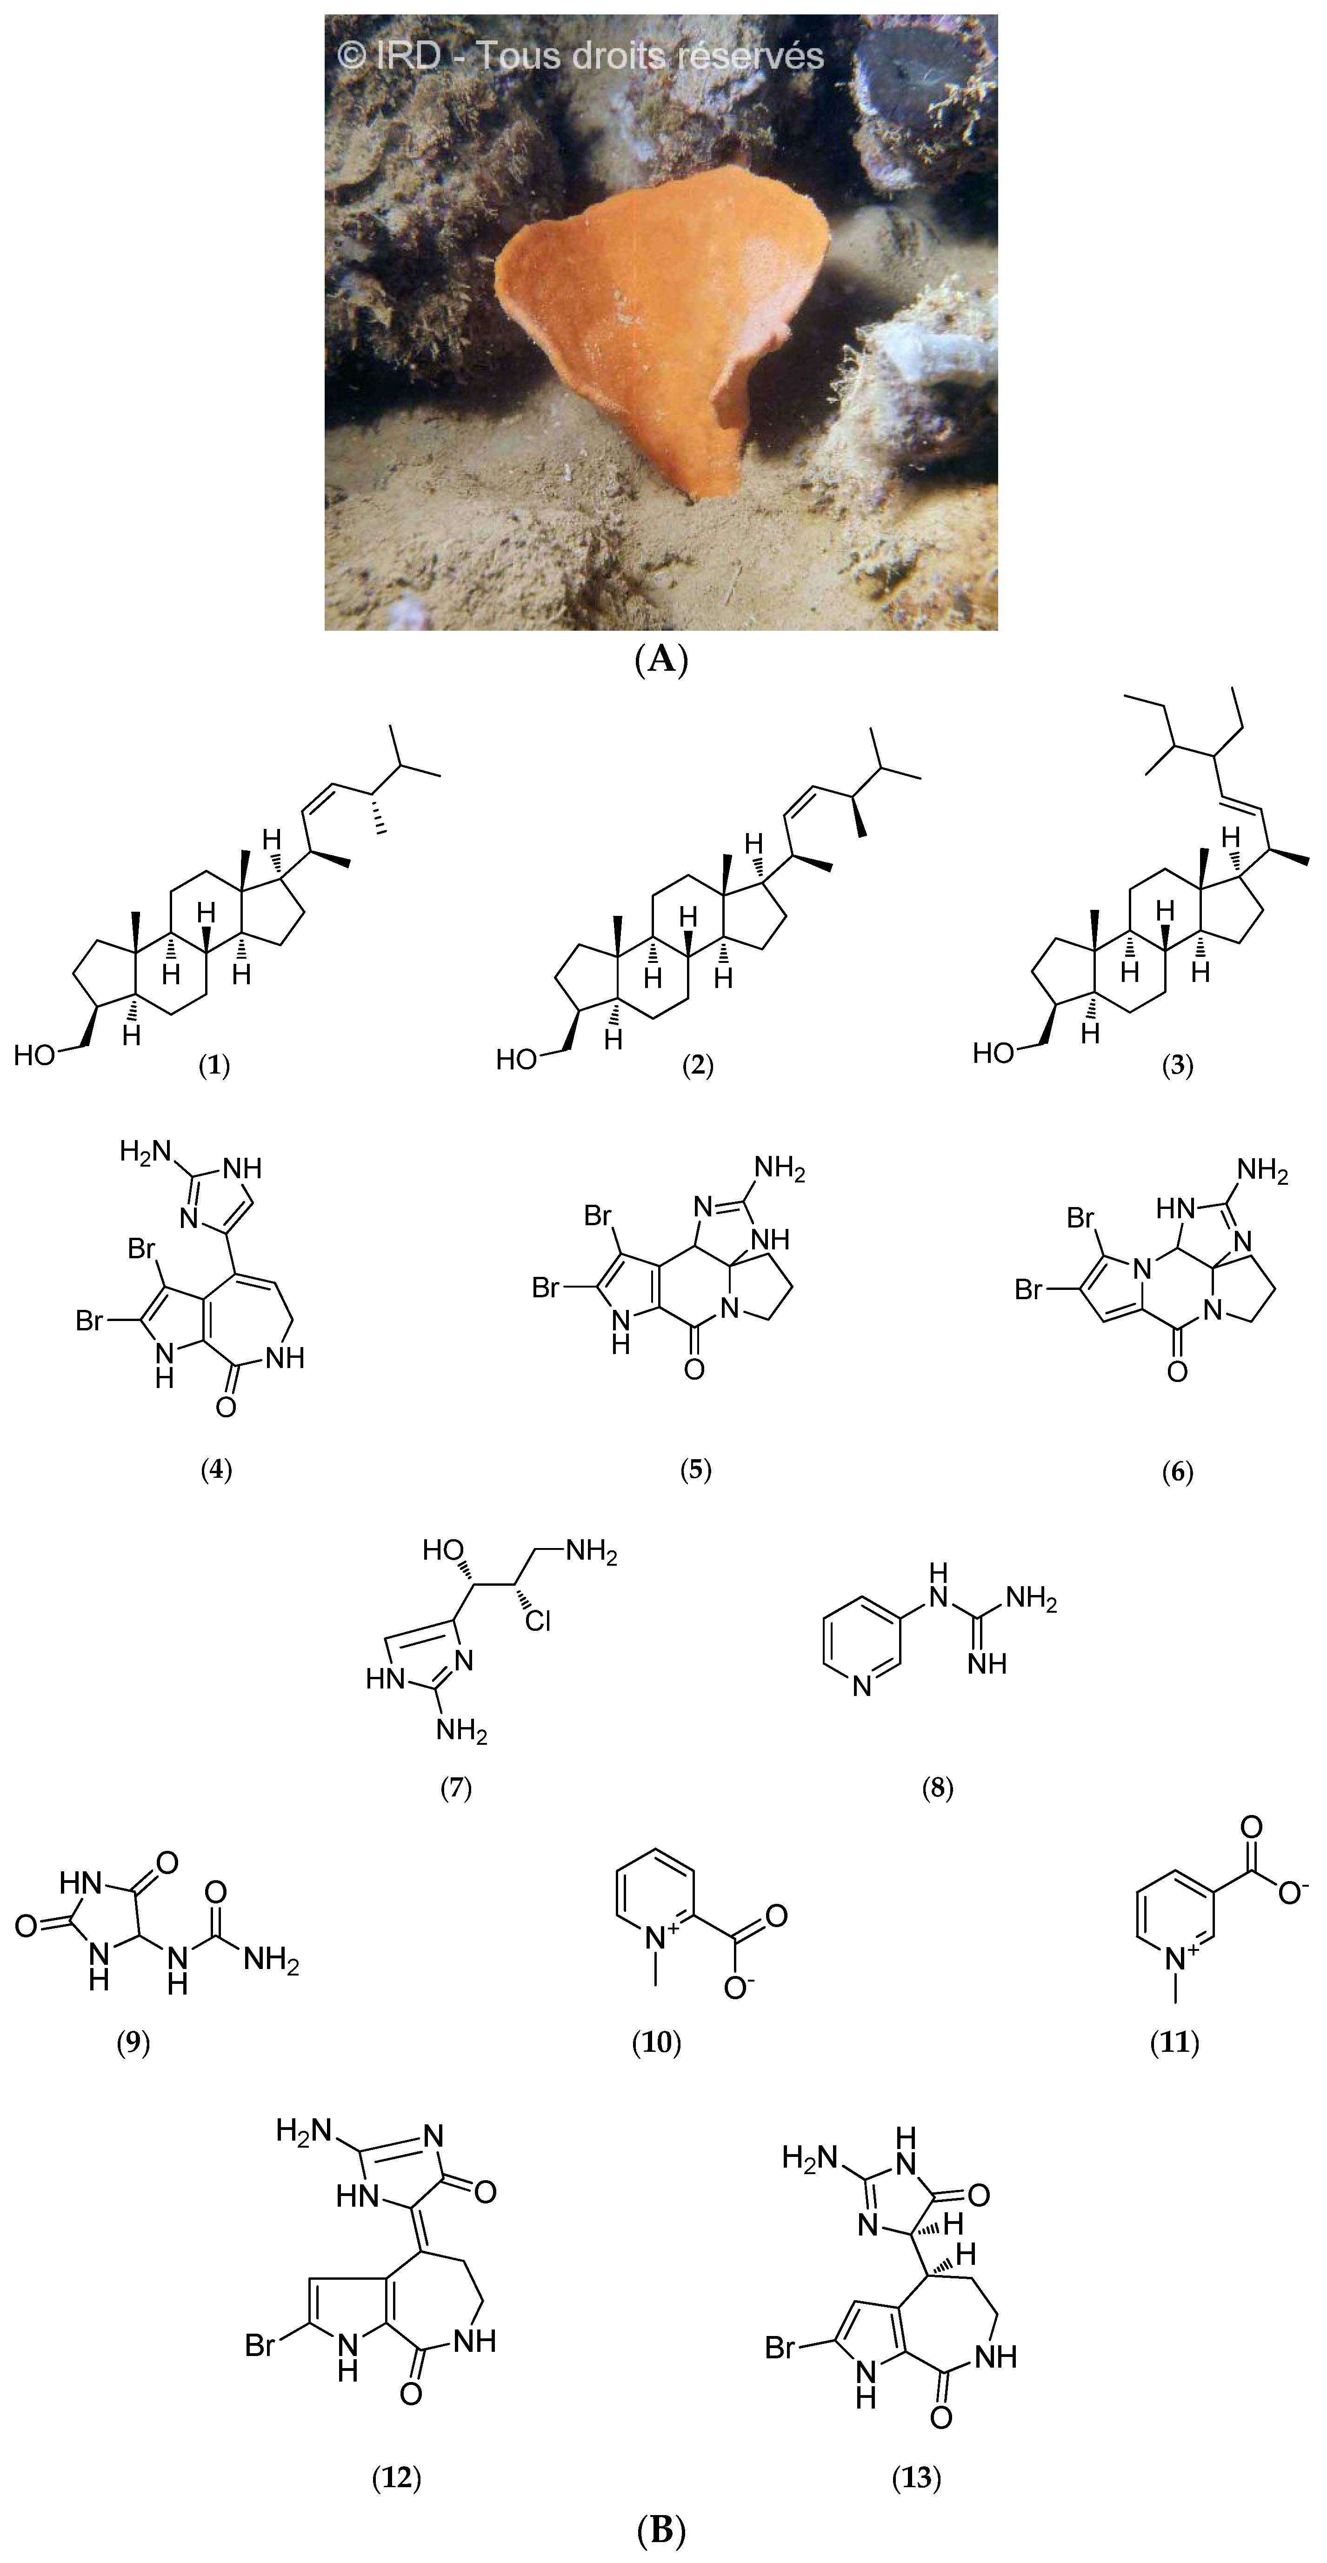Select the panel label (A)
click(x=661, y=660)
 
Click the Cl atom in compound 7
click(x=538, y=1622)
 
